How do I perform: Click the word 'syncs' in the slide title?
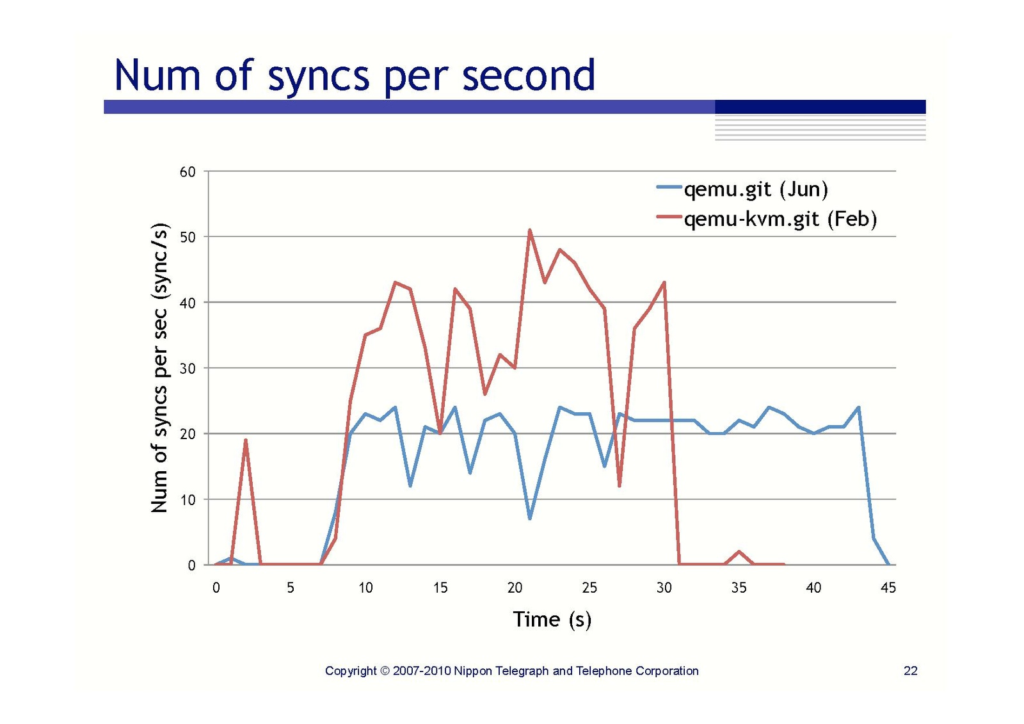point(318,76)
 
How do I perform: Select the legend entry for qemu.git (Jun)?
point(755,189)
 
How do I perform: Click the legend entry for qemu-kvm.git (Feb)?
point(780,219)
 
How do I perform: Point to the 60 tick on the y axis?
point(188,172)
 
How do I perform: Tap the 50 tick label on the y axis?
point(188,237)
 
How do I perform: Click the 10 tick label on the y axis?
point(188,500)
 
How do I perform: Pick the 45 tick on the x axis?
point(888,588)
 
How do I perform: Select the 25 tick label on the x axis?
point(589,588)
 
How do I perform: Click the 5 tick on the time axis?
point(291,588)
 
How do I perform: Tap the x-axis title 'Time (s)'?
point(552,619)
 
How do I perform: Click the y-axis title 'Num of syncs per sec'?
point(159,368)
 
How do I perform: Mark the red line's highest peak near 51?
point(530,230)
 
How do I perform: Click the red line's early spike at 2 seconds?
point(245,440)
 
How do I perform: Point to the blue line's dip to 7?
point(530,518)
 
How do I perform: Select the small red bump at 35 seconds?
point(739,552)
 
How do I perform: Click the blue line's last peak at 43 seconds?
point(858,407)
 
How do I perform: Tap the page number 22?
point(910,670)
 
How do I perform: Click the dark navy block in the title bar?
point(820,107)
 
